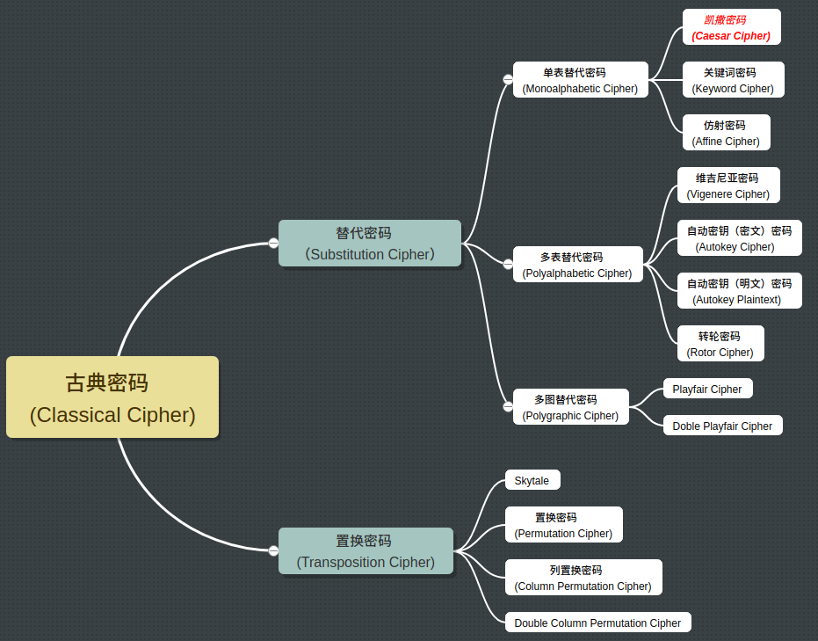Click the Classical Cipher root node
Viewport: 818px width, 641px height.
tap(112, 397)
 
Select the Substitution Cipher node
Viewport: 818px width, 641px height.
tap(370, 244)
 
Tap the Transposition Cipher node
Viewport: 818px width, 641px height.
tap(366, 551)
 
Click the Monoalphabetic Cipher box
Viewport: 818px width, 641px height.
tap(580, 80)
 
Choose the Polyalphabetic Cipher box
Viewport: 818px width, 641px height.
tap(577, 265)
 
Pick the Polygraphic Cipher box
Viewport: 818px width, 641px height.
tap(570, 407)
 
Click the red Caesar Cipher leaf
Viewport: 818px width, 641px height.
tap(731, 27)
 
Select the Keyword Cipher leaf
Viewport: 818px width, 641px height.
tap(733, 80)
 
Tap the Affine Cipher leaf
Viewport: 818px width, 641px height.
tap(726, 133)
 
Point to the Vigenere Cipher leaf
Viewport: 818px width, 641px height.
tap(728, 186)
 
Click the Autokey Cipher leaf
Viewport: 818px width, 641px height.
tap(739, 238)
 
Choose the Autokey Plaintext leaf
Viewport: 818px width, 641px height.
tap(739, 291)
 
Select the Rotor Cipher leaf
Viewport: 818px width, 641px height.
tap(720, 344)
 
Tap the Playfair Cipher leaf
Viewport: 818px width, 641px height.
tap(707, 389)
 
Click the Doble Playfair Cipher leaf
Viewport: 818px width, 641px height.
tap(722, 426)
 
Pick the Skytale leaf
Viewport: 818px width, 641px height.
tap(532, 480)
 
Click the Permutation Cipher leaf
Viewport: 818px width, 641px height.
tap(563, 525)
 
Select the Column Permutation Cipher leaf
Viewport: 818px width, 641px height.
tap(583, 578)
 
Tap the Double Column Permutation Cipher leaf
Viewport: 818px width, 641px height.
tap(597, 623)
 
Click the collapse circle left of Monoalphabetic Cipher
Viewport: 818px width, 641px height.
tap(508, 79)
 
